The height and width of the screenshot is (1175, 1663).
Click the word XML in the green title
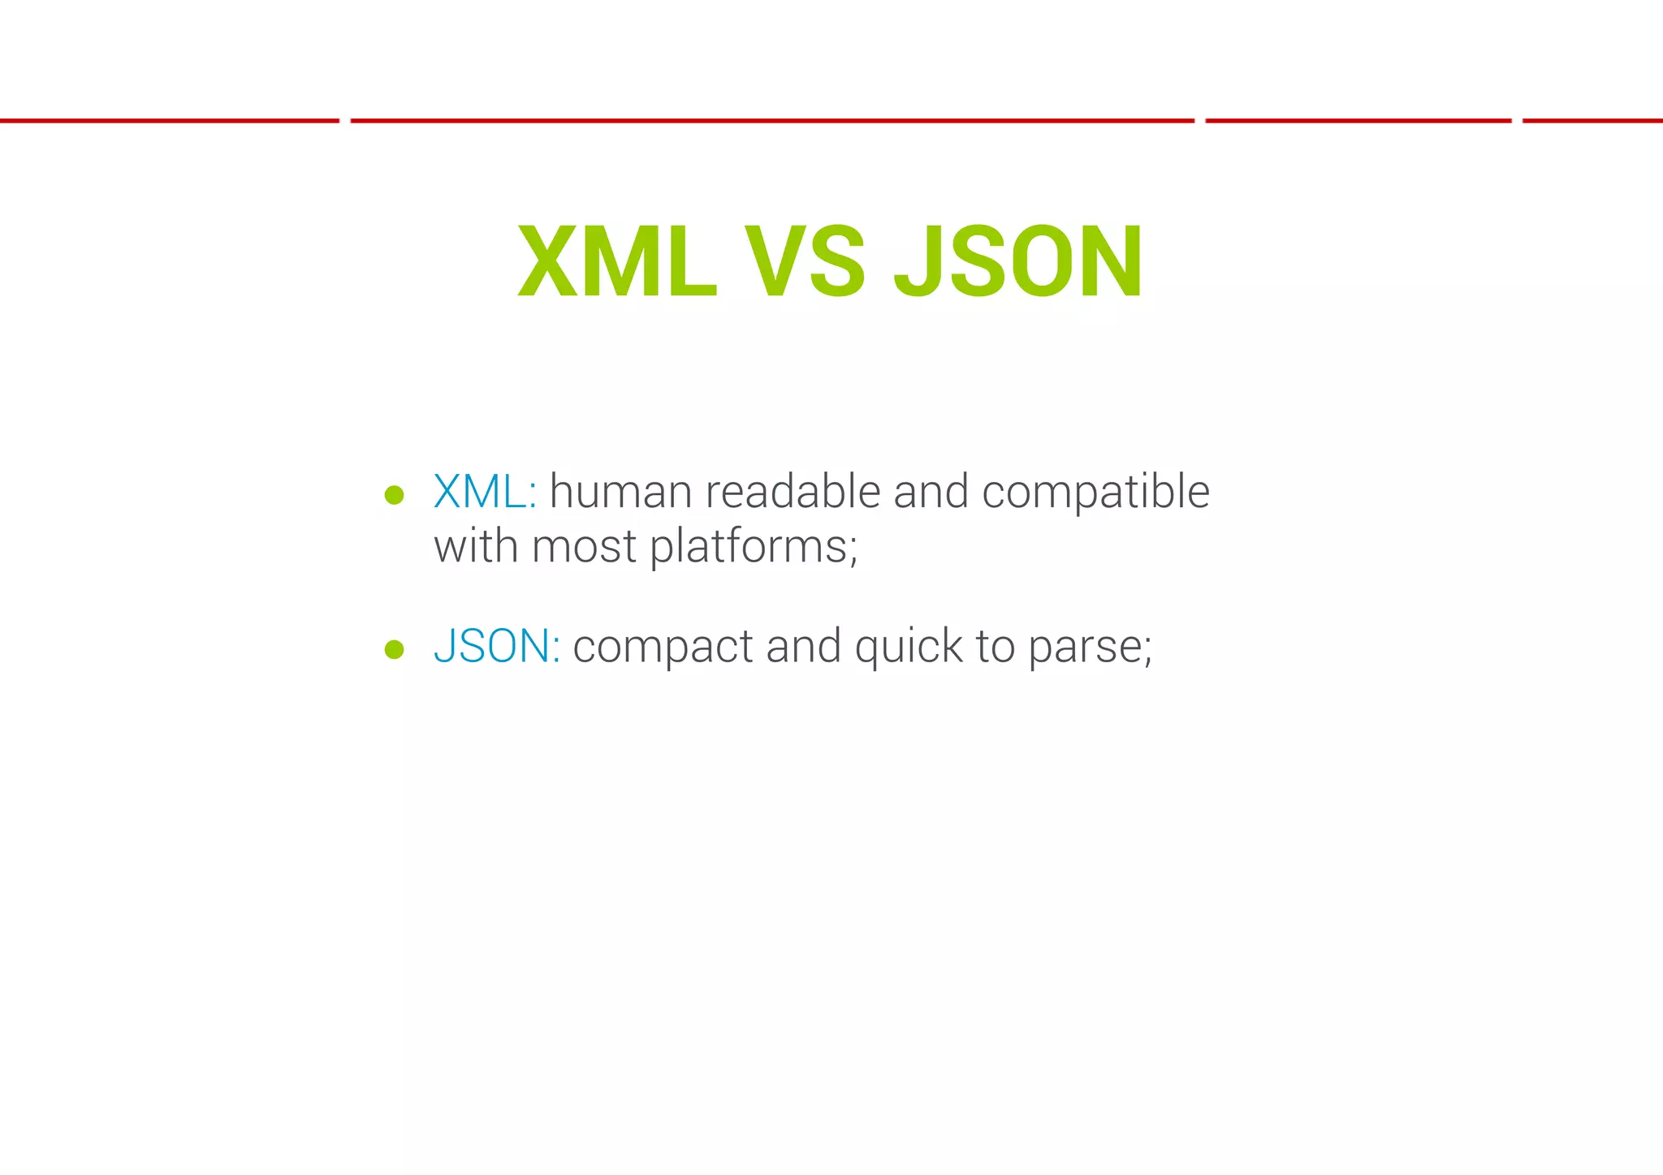(x=617, y=262)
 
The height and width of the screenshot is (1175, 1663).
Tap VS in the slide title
(x=805, y=262)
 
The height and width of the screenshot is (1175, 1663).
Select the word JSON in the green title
(x=1018, y=262)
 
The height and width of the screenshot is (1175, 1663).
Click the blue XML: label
(x=485, y=492)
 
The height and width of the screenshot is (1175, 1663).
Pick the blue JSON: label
(x=496, y=646)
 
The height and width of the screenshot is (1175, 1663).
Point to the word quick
(x=908, y=648)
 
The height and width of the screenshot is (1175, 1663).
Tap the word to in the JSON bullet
(x=995, y=647)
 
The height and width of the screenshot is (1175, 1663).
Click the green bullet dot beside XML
(x=395, y=495)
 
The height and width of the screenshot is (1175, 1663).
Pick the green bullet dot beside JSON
(x=395, y=648)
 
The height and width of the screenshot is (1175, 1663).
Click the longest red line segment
(x=771, y=121)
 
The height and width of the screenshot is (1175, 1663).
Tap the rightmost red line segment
(x=1592, y=121)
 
